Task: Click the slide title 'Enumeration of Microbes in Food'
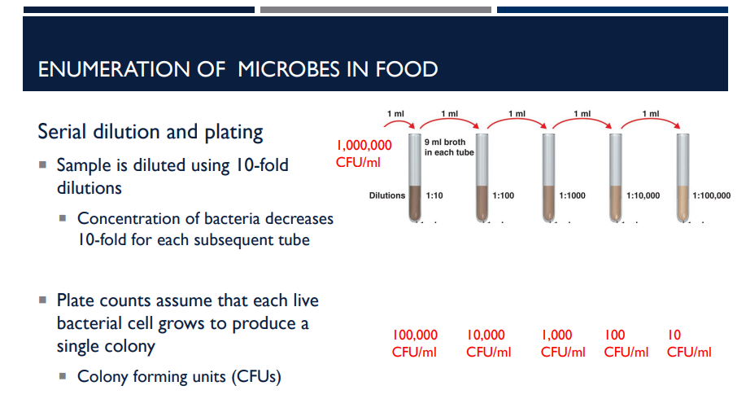238,68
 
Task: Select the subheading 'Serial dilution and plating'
151,132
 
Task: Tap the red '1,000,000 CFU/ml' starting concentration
364,153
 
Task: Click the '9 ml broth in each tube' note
449,147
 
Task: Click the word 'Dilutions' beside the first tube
386,196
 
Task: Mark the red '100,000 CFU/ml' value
415,344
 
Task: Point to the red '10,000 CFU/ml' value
488,344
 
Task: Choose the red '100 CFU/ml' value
626,344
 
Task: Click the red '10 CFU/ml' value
688,344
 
